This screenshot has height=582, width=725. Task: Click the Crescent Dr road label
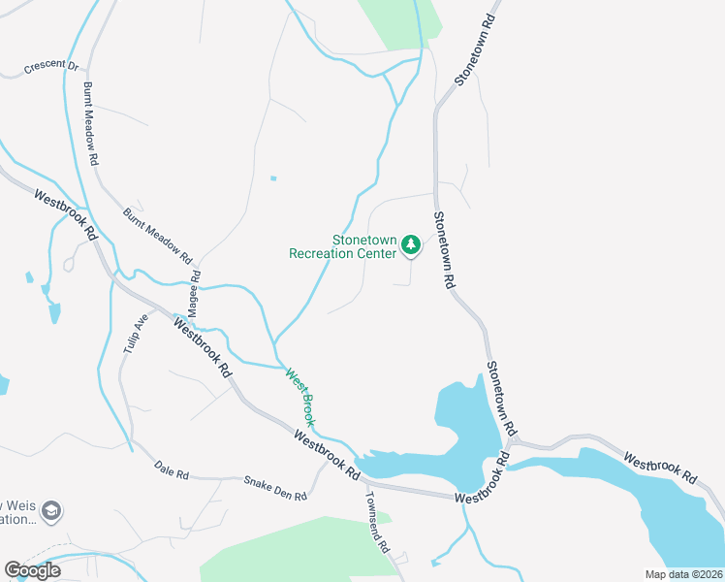(51, 67)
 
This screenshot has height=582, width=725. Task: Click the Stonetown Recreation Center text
(343, 246)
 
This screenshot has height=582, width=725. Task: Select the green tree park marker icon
(412, 244)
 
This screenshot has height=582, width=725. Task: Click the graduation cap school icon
(52, 510)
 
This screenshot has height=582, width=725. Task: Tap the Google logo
(32, 569)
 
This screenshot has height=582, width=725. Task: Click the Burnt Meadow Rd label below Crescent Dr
(91, 122)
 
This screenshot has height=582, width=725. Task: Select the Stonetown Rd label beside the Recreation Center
(443, 250)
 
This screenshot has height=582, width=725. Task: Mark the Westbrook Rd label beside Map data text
(659, 468)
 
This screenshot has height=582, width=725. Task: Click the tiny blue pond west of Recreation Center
(273, 178)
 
